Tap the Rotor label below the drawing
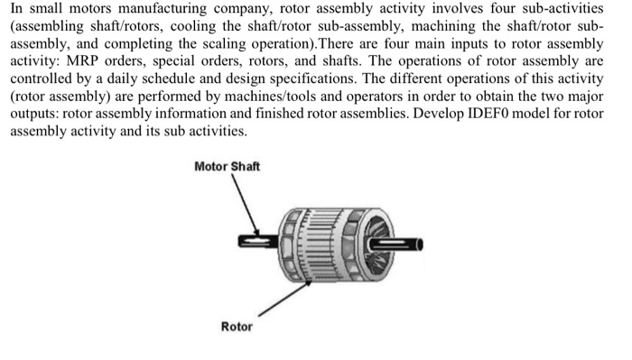(237, 326)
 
